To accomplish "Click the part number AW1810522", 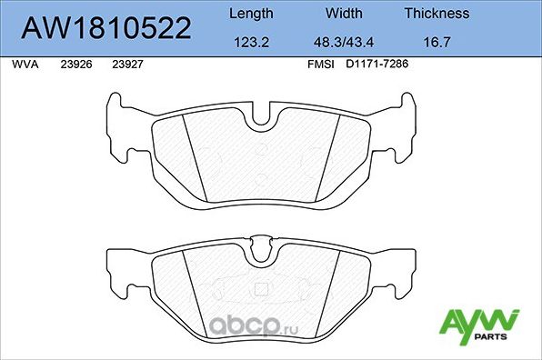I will click(106, 28).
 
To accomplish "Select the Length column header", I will click(249, 14).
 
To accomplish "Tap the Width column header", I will click(345, 14).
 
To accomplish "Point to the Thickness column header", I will click(437, 14).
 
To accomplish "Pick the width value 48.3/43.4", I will click(345, 41).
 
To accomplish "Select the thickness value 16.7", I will click(437, 41).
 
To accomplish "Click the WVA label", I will click(24, 65).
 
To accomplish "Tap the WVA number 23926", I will click(75, 65).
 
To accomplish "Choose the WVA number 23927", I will click(126, 65).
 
